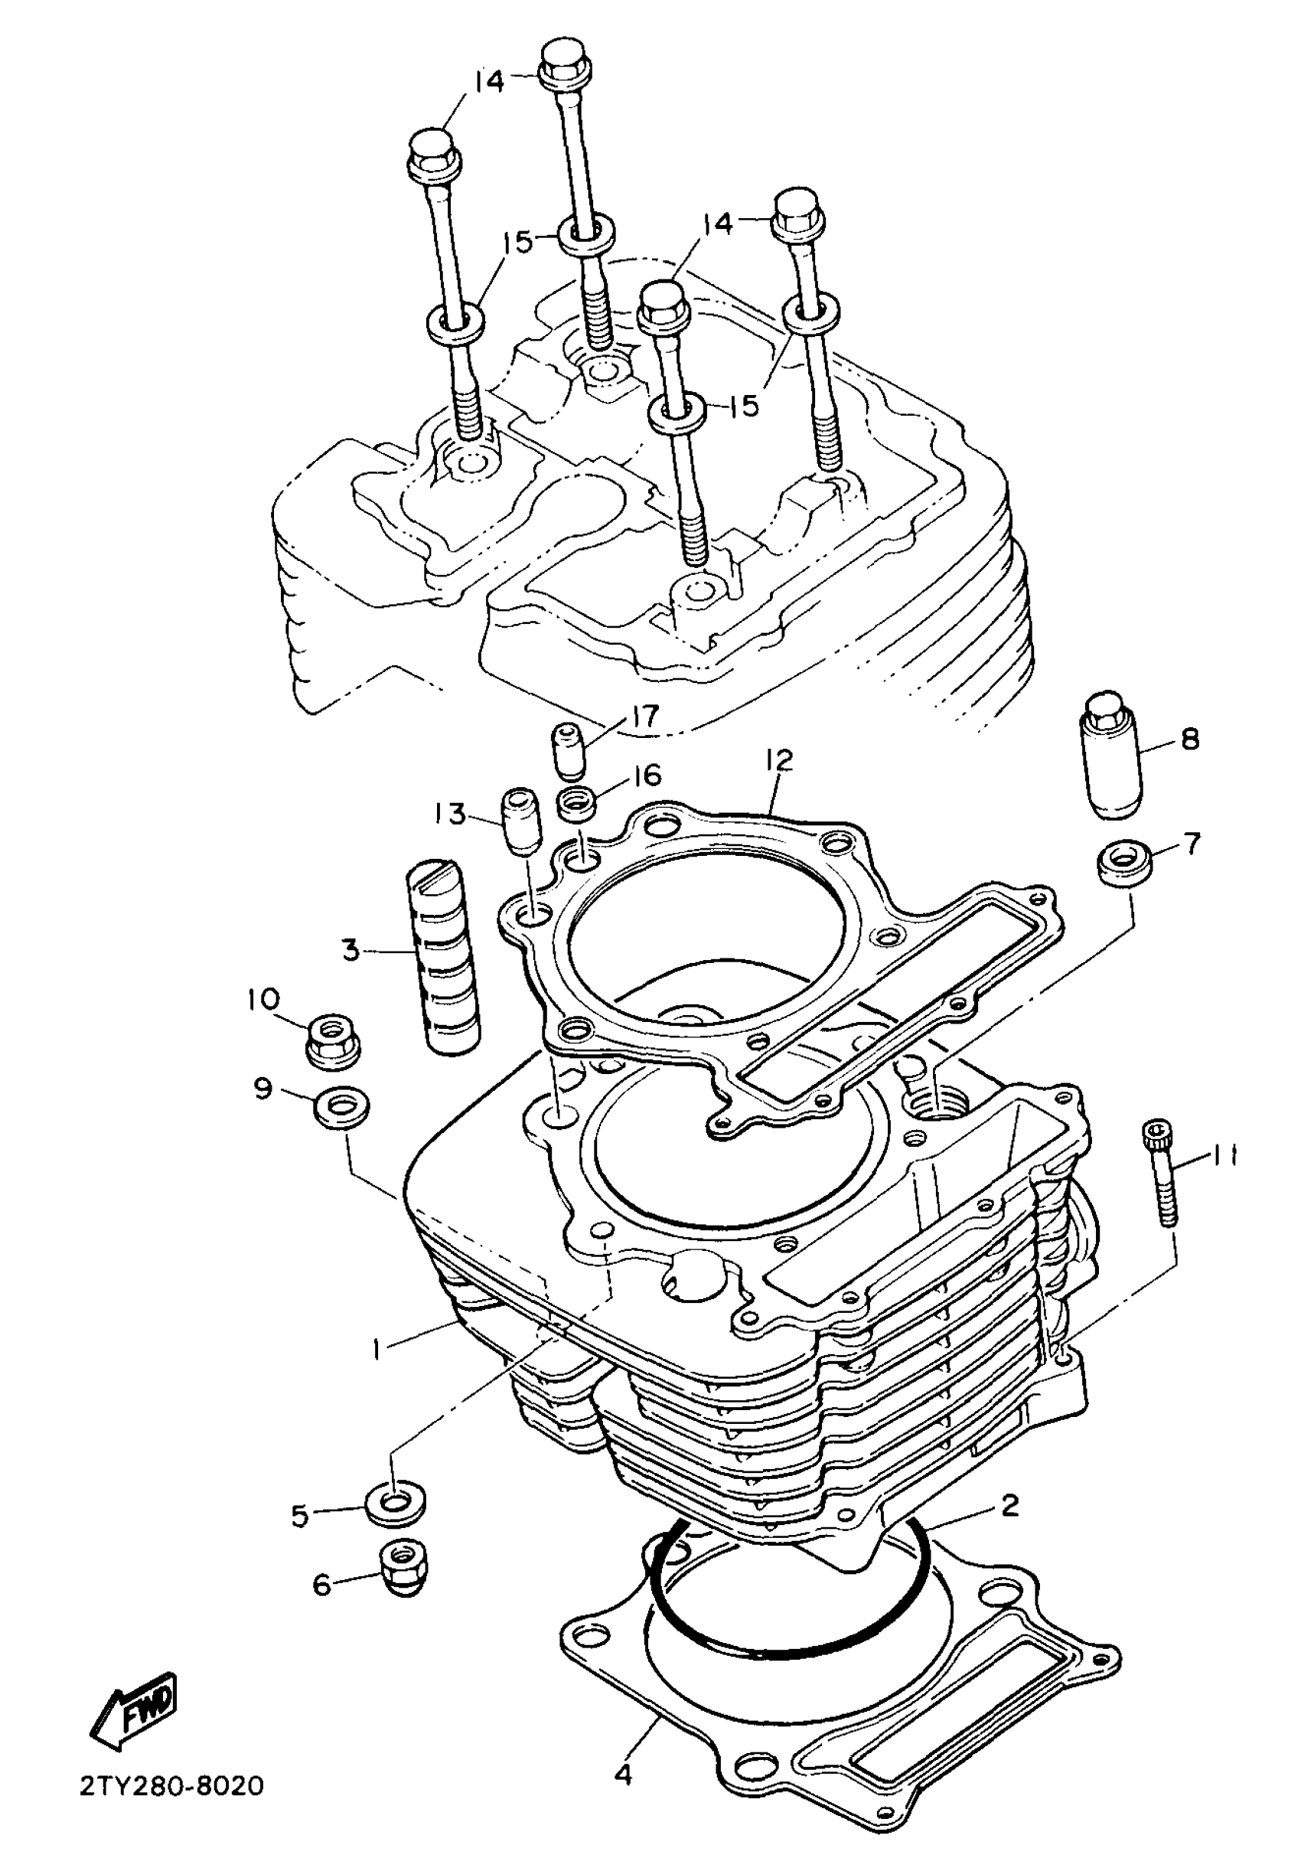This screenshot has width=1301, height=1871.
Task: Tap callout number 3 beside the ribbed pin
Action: [351, 949]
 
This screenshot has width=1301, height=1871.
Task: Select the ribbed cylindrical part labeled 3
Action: [443, 954]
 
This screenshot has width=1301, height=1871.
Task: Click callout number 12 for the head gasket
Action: [778, 759]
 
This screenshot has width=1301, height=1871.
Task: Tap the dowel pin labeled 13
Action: [519, 819]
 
